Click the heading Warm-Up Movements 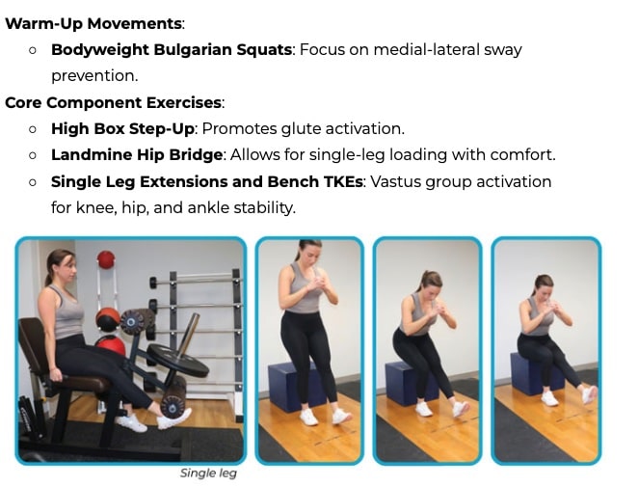pyautogui.click(x=93, y=22)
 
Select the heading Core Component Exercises pyautogui.click(x=113, y=102)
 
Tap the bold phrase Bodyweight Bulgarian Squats pyautogui.click(x=171, y=49)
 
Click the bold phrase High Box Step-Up pyautogui.click(x=121, y=128)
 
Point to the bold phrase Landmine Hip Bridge pyautogui.click(x=137, y=154)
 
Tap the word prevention pyautogui.click(x=93, y=75)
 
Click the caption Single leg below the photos pyautogui.click(x=208, y=473)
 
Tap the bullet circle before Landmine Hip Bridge pyautogui.click(x=33, y=154)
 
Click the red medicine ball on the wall pyautogui.click(x=106, y=258)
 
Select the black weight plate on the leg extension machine pyautogui.click(x=178, y=360)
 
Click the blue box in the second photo pyautogui.click(x=294, y=386)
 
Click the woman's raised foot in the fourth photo pyautogui.click(x=589, y=394)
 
